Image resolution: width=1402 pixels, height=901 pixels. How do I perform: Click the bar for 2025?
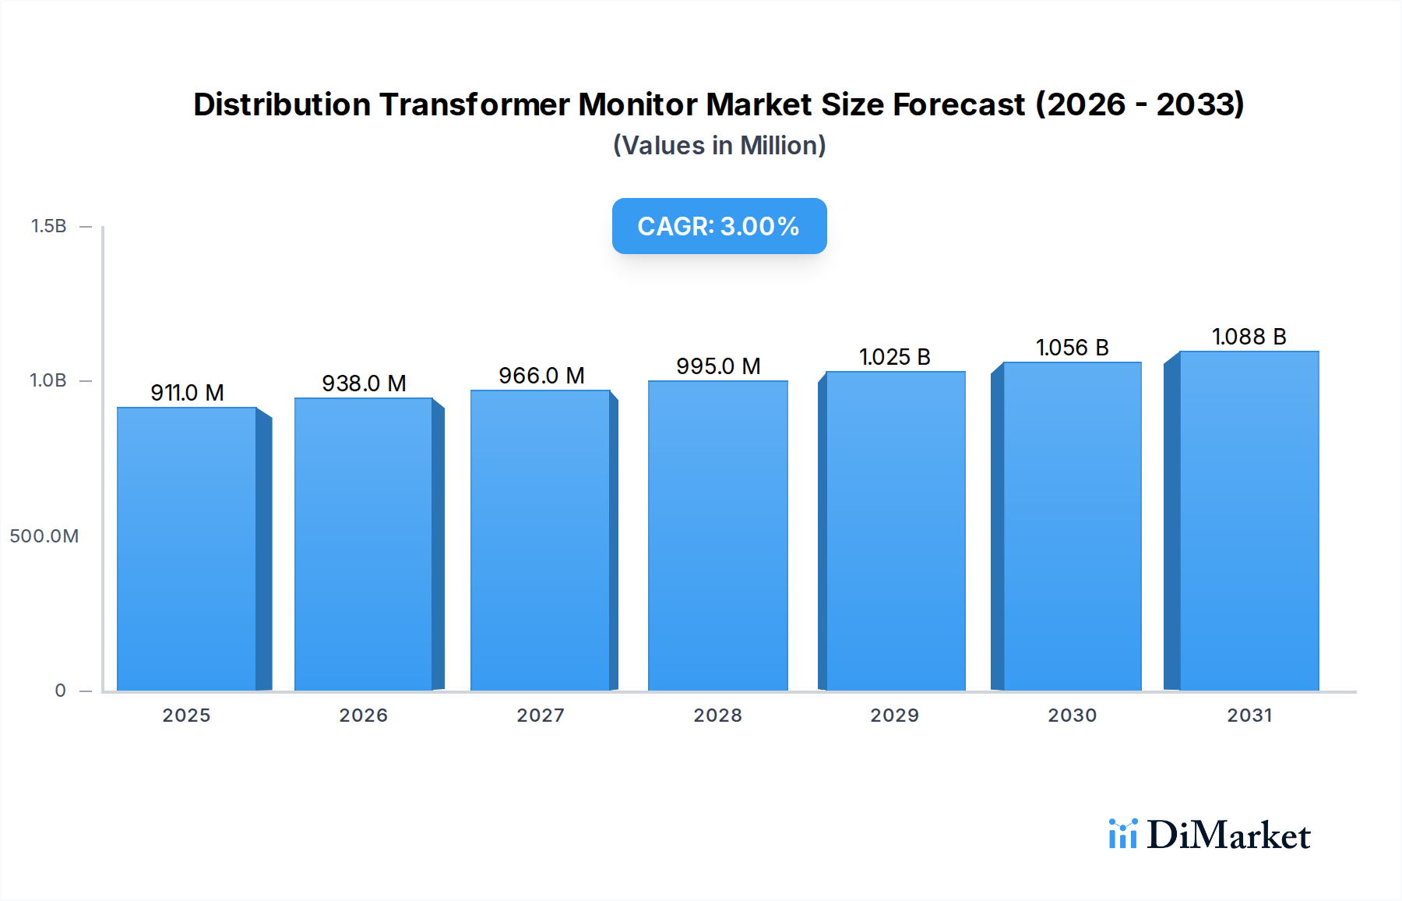187,549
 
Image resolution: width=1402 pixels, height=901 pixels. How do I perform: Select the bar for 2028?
717,535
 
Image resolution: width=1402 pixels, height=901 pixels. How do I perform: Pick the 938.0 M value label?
364,383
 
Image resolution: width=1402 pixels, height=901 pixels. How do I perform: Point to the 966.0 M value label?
541,376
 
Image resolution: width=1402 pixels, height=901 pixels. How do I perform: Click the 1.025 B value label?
894,357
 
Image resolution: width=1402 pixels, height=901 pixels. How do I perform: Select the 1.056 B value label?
1072,348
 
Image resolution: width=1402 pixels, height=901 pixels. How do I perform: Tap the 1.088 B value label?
1249,337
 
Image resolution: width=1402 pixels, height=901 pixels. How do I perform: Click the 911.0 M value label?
187,393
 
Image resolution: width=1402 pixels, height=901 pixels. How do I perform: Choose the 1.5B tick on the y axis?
48,226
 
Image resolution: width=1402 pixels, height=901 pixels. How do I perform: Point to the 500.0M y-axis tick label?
44,536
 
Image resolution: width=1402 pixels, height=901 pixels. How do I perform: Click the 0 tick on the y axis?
60,691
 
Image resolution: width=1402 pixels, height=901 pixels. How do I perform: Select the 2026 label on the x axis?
363,715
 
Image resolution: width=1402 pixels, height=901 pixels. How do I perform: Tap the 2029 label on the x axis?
894,715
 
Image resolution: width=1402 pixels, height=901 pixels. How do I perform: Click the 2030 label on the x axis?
1072,715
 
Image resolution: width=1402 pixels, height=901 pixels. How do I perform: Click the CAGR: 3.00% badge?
719,226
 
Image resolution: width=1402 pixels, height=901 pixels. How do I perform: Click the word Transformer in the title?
474,104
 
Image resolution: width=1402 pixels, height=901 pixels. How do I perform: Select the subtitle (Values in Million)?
719,146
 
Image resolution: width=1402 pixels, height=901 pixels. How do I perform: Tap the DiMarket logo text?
1228,836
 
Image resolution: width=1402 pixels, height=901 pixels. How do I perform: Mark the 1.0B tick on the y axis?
48,380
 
